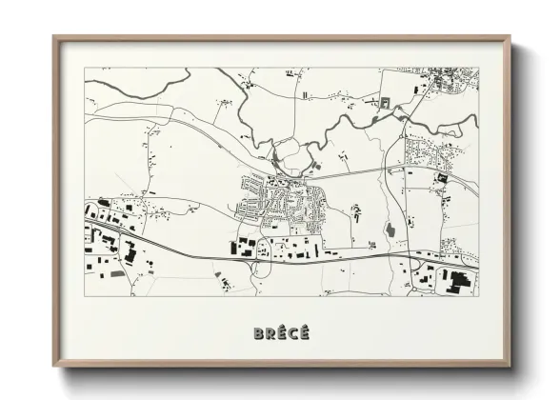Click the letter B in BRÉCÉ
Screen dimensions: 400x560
(259, 333)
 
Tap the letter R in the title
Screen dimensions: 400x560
(270, 333)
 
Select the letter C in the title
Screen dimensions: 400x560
(291, 333)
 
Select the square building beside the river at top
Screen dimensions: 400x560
(386, 103)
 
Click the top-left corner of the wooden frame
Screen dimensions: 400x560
(54, 38)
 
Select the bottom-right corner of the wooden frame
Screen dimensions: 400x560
(510, 367)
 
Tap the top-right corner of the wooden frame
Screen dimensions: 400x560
(510, 38)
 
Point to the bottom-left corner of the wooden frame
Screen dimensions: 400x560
(54, 367)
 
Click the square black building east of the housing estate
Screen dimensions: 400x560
(441, 178)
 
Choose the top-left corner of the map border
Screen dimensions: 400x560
(86, 69)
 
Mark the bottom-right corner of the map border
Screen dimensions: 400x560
(479, 296)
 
